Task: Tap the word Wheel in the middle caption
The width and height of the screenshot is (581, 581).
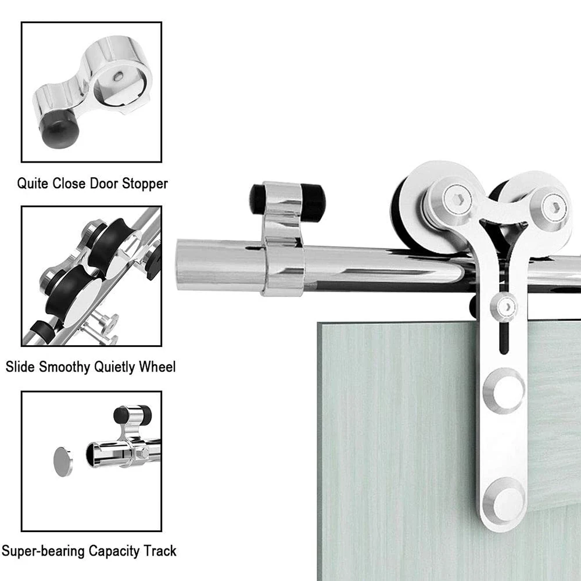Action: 157,367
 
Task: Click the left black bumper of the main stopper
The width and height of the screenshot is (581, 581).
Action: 257,199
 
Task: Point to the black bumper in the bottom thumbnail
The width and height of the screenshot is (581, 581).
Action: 123,415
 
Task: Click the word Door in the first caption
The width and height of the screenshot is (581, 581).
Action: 102,184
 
